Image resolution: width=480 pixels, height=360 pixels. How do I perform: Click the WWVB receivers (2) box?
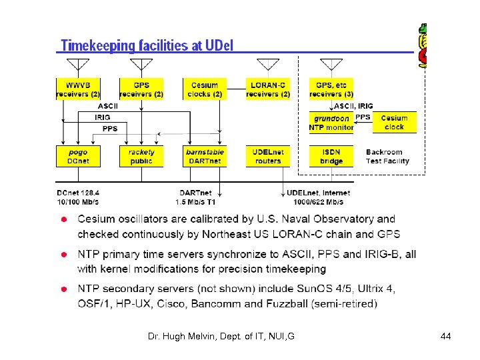click(x=77, y=89)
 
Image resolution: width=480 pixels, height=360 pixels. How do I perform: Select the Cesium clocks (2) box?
click(x=204, y=89)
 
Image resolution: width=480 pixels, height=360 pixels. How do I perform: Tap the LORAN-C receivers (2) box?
click(x=267, y=89)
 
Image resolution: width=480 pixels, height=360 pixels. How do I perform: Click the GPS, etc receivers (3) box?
click(x=331, y=89)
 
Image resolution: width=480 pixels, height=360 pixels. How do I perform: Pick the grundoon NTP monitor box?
click(x=331, y=123)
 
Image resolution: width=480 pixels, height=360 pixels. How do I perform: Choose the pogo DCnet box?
click(x=77, y=156)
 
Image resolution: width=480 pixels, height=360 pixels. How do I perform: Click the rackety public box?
click(x=141, y=156)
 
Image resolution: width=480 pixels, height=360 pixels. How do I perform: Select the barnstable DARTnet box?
click(x=204, y=156)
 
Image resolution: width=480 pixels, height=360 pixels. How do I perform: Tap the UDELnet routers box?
click(x=267, y=156)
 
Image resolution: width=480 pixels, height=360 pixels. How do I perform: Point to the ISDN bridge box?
click(x=331, y=156)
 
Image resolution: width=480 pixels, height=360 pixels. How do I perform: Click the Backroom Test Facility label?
click(x=387, y=157)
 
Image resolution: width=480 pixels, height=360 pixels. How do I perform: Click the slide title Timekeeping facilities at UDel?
click(x=147, y=45)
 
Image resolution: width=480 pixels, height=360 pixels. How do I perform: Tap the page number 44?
click(x=446, y=337)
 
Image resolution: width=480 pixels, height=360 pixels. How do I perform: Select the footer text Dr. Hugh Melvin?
click(x=221, y=337)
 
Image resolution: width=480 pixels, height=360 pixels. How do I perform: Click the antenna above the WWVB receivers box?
click(x=78, y=65)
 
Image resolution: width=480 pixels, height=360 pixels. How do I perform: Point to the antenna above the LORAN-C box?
click(x=268, y=65)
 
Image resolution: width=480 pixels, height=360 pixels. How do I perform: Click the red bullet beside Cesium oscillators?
click(x=63, y=220)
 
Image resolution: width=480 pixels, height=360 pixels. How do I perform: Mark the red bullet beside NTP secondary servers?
click(x=63, y=289)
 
